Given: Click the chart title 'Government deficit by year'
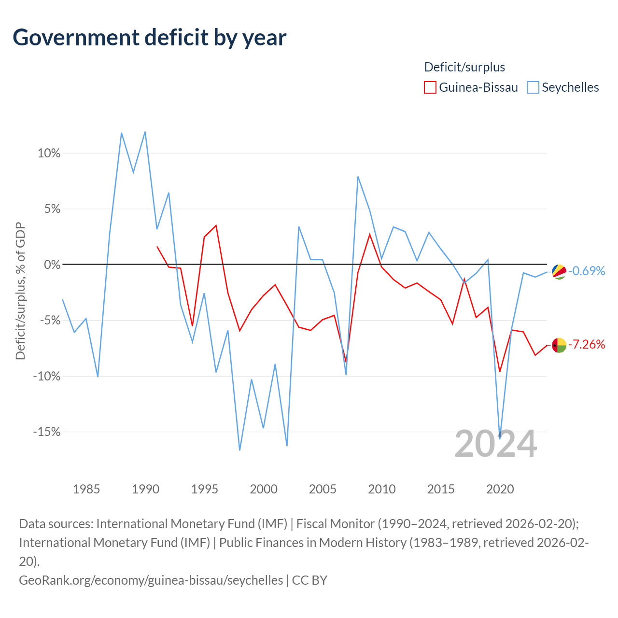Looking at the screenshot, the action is click(149, 38).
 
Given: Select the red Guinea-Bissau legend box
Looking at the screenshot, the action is click(430, 87).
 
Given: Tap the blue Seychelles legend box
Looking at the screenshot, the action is click(533, 87).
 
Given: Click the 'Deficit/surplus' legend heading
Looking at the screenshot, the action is click(464, 67).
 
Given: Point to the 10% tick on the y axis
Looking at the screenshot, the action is click(49, 154).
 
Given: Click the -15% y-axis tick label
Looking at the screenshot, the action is click(47, 432).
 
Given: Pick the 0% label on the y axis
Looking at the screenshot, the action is click(52, 265).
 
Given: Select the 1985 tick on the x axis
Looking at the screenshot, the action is click(86, 489).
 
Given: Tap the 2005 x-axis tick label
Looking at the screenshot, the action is click(323, 489).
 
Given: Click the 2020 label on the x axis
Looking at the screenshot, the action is click(500, 489).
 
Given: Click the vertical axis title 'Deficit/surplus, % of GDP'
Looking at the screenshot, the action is click(20, 291).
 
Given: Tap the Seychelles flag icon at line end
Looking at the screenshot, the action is click(559, 272).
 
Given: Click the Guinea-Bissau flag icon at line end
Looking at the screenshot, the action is click(559, 345).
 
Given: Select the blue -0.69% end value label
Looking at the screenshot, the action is click(587, 271).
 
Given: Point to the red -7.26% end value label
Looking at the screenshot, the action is click(587, 344).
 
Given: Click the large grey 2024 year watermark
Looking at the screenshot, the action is click(495, 444).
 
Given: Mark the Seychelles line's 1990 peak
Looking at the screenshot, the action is click(145, 132).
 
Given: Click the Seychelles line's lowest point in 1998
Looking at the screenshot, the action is click(239, 450).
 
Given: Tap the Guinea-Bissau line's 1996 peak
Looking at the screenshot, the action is click(216, 225).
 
